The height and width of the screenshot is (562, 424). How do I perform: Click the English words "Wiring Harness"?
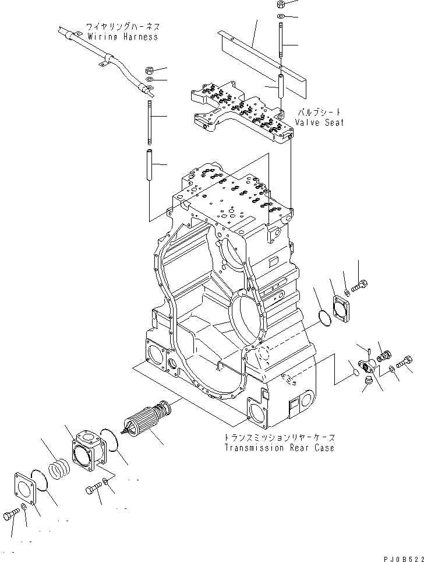click(122, 37)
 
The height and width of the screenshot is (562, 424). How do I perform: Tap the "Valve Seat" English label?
click(319, 122)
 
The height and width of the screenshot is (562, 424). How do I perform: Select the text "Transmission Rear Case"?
click(280, 448)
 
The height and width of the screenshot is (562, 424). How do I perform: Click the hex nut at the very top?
click(281, 5)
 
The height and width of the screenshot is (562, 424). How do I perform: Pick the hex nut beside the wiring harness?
click(149, 69)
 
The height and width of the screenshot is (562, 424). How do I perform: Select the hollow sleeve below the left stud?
click(149, 166)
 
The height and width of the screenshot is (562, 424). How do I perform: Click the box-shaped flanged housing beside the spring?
click(89, 452)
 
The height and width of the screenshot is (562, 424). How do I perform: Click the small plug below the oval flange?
click(368, 381)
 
